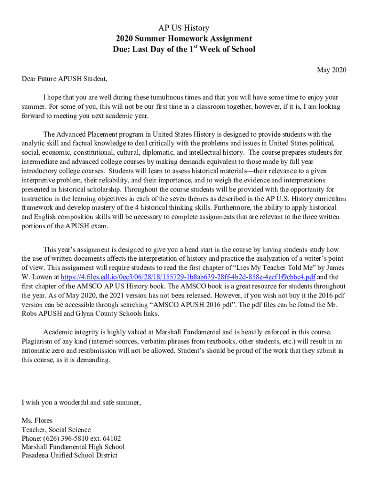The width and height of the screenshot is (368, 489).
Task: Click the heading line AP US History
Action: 184,28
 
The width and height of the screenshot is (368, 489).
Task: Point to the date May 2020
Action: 332,70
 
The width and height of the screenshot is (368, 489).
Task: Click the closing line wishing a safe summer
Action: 81,403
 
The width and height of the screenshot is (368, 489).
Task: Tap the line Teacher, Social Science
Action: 56,430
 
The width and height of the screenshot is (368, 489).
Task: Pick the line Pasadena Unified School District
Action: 69,456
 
